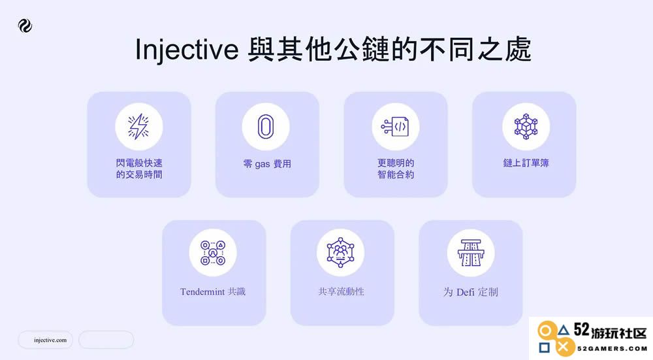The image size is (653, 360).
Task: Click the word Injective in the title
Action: pyautogui.click(x=187, y=50)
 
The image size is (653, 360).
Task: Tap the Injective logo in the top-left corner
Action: pyautogui.click(x=25, y=26)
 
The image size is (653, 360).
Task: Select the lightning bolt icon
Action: pyautogui.click(x=138, y=126)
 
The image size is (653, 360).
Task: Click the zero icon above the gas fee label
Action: pyautogui.click(x=266, y=127)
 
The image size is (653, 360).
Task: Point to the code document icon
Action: pyautogui.click(x=395, y=127)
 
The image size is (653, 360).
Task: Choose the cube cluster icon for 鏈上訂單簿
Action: pyautogui.click(x=526, y=127)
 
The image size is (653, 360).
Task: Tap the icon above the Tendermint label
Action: pyautogui.click(x=213, y=253)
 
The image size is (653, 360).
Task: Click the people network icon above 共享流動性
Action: pyautogui.click(x=341, y=253)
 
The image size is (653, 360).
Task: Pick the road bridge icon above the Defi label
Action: pyautogui.click(x=471, y=253)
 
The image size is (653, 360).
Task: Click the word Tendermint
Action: pyautogui.click(x=202, y=291)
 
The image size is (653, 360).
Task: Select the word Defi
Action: pyautogui.click(x=465, y=292)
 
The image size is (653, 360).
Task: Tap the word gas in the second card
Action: pyautogui.click(x=263, y=165)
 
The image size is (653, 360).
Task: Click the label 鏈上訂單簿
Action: pyautogui.click(x=526, y=163)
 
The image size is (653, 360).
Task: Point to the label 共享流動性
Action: pyautogui.click(x=341, y=291)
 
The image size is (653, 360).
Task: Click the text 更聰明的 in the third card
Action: pyautogui.click(x=396, y=163)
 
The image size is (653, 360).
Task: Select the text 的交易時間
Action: pyautogui.click(x=139, y=174)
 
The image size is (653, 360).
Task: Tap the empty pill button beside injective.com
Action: pyautogui.click(x=106, y=340)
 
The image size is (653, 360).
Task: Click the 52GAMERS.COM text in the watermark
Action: pyautogui.click(x=612, y=348)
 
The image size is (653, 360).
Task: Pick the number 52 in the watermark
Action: pyautogui.click(x=582, y=330)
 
